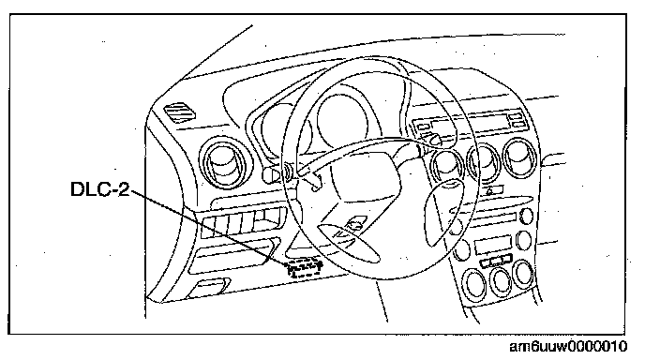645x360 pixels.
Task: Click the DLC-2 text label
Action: [x=100, y=189]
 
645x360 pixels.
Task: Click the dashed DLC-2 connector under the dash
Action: [x=304, y=268]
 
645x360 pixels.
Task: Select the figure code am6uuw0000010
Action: [x=569, y=347]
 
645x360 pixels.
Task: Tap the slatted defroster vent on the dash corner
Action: [x=180, y=112]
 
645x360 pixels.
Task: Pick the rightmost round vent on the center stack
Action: [x=520, y=158]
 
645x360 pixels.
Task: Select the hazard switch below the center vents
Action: [x=491, y=190]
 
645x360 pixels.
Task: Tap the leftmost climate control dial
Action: [x=475, y=283]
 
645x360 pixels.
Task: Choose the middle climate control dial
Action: [x=502, y=280]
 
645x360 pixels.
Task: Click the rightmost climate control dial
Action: [x=523, y=274]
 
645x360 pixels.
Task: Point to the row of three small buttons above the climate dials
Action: [x=496, y=261]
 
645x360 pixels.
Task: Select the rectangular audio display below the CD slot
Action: [x=492, y=245]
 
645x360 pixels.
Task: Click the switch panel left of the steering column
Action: [x=242, y=223]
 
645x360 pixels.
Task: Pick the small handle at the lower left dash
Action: [x=209, y=288]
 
